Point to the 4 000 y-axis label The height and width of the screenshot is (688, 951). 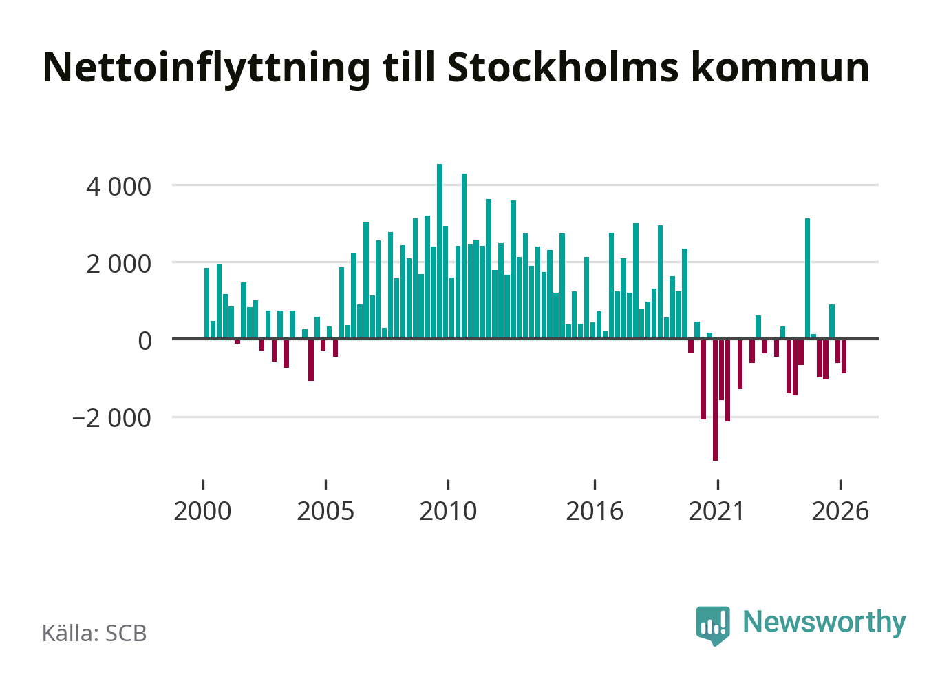pyautogui.click(x=118, y=187)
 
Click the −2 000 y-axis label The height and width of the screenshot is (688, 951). pyautogui.click(x=111, y=418)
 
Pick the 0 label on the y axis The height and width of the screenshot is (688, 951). pyautogui.click(x=145, y=341)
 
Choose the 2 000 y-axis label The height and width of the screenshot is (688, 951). pyautogui.click(x=118, y=264)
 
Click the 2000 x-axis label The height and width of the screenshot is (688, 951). pyautogui.click(x=202, y=511)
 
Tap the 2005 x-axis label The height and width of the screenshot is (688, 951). pyautogui.click(x=325, y=511)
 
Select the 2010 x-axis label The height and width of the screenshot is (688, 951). pyautogui.click(x=449, y=511)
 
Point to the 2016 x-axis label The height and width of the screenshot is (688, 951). pyautogui.click(x=595, y=511)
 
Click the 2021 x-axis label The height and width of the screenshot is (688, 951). pyautogui.click(x=717, y=511)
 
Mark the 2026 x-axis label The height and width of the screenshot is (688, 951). pyautogui.click(x=840, y=511)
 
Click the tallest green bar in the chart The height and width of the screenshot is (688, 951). pyautogui.click(x=440, y=251)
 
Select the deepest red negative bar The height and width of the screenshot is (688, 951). pyautogui.click(x=716, y=399)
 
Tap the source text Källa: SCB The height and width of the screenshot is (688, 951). pyautogui.click(x=94, y=633)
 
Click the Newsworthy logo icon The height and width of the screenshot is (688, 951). pyautogui.click(x=713, y=625)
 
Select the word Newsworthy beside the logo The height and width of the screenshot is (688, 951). pyautogui.click(x=824, y=623)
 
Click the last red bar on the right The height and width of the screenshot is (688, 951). pyautogui.click(x=844, y=356)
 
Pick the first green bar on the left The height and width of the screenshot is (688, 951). pyautogui.click(x=206, y=304)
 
